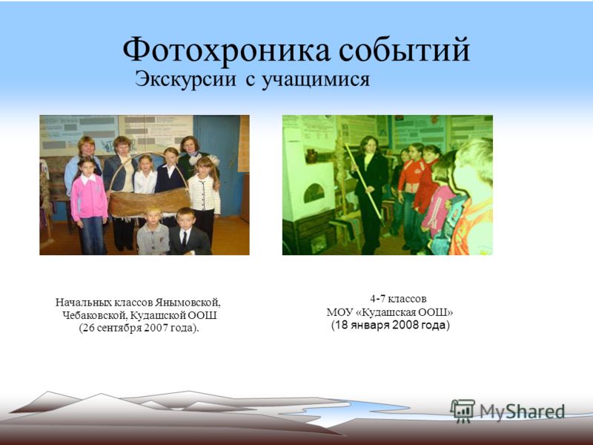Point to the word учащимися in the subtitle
(x=316, y=81)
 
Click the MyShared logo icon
(x=463, y=411)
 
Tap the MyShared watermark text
(x=522, y=412)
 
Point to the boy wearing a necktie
(x=188, y=231)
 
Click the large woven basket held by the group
(x=149, y=202)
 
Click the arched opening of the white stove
(x=314, y=193)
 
